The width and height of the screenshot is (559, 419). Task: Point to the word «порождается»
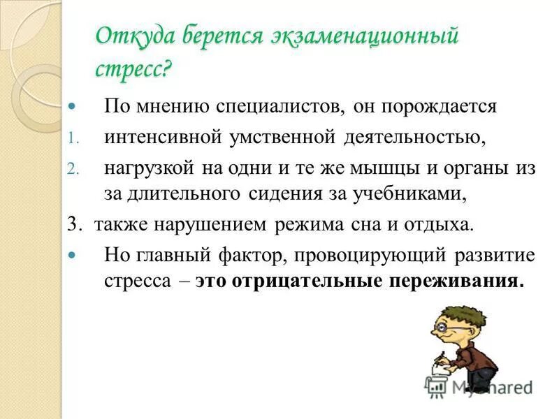tap(443, 107)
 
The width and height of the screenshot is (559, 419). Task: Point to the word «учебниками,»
tap(412, 193)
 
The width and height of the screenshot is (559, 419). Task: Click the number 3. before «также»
tap(75, 225)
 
